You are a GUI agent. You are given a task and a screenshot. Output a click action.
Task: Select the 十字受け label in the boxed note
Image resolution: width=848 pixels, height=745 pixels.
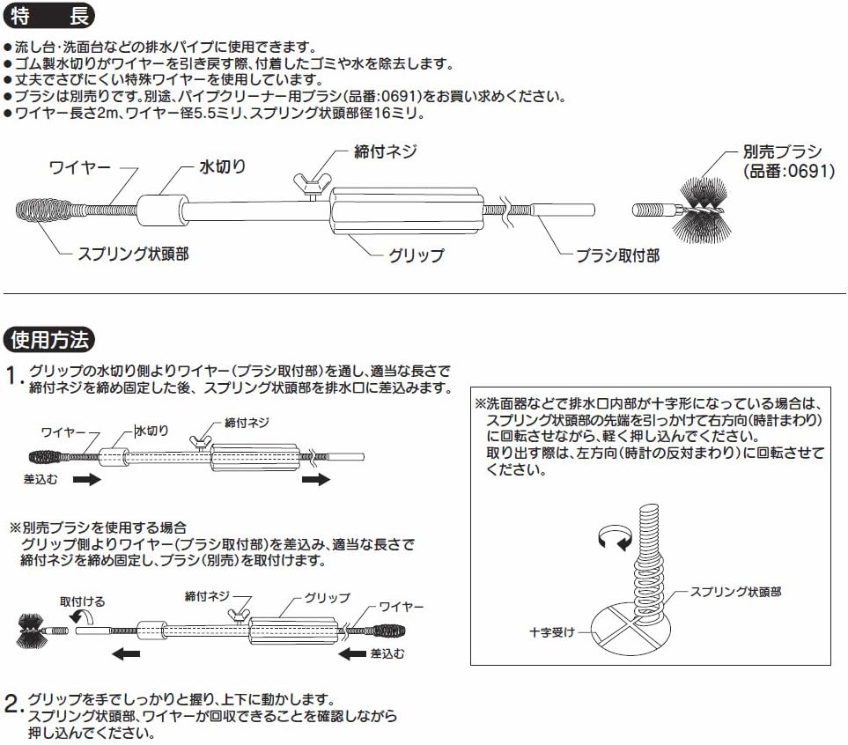[553, 631]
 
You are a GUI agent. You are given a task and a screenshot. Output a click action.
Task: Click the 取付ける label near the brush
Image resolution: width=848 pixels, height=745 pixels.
[82, 601]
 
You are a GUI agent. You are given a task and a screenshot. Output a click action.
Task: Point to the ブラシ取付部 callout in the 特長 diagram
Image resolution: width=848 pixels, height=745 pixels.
[617, 255]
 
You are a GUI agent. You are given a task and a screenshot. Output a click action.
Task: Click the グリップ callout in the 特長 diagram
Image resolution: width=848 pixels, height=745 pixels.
[417, 255]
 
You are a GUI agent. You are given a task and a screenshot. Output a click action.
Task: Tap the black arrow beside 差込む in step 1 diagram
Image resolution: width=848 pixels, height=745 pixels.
[85, 481]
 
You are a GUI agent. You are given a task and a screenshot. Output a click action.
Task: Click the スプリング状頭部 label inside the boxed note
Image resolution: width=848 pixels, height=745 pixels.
[735, 592]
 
